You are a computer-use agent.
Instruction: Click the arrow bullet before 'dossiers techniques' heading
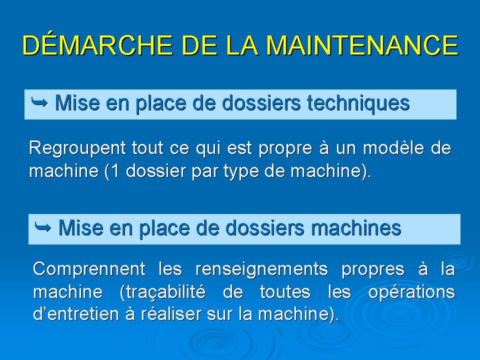39,102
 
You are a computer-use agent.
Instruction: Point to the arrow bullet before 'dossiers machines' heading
43,227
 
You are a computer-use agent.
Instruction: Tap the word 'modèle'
393,148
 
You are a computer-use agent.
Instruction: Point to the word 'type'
241,171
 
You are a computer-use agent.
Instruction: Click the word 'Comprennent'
89,269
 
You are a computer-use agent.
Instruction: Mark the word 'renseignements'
261,269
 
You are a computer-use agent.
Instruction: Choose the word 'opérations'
411,292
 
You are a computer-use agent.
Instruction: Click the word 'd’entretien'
75,314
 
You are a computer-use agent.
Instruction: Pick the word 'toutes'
285,291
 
